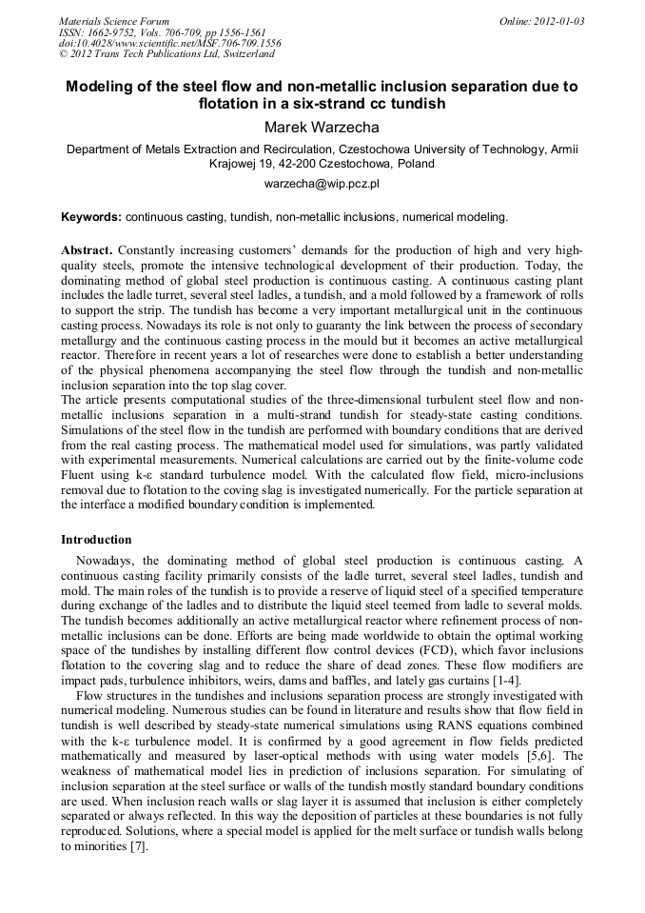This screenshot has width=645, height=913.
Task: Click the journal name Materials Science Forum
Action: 114,21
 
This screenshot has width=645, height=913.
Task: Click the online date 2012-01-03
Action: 558,21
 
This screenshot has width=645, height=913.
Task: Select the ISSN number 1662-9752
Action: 115,32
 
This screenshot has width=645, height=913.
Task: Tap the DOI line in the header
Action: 169,43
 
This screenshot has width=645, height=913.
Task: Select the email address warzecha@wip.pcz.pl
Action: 322,183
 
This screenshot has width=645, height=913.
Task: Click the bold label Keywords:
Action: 91,217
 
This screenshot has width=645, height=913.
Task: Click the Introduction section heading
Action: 96,540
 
